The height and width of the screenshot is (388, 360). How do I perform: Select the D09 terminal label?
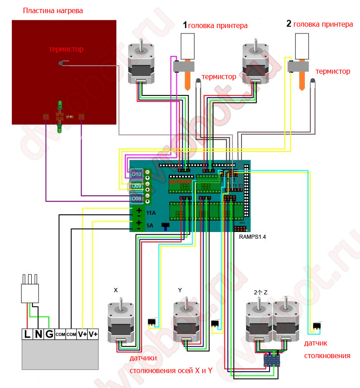(x=137, y=186)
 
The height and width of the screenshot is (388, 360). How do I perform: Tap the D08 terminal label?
(x=137, y=199)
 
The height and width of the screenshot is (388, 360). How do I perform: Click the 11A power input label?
(x=151, y=212)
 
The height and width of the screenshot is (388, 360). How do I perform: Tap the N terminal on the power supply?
(x=38, y=334)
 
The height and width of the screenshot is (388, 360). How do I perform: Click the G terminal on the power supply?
(x=49, y=334)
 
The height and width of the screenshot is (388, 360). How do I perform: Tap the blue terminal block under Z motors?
(x=272, y=360)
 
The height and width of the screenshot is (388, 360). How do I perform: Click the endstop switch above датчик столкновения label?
(x=317, y=326)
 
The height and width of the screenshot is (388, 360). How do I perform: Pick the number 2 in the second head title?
(x=289, y=24)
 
